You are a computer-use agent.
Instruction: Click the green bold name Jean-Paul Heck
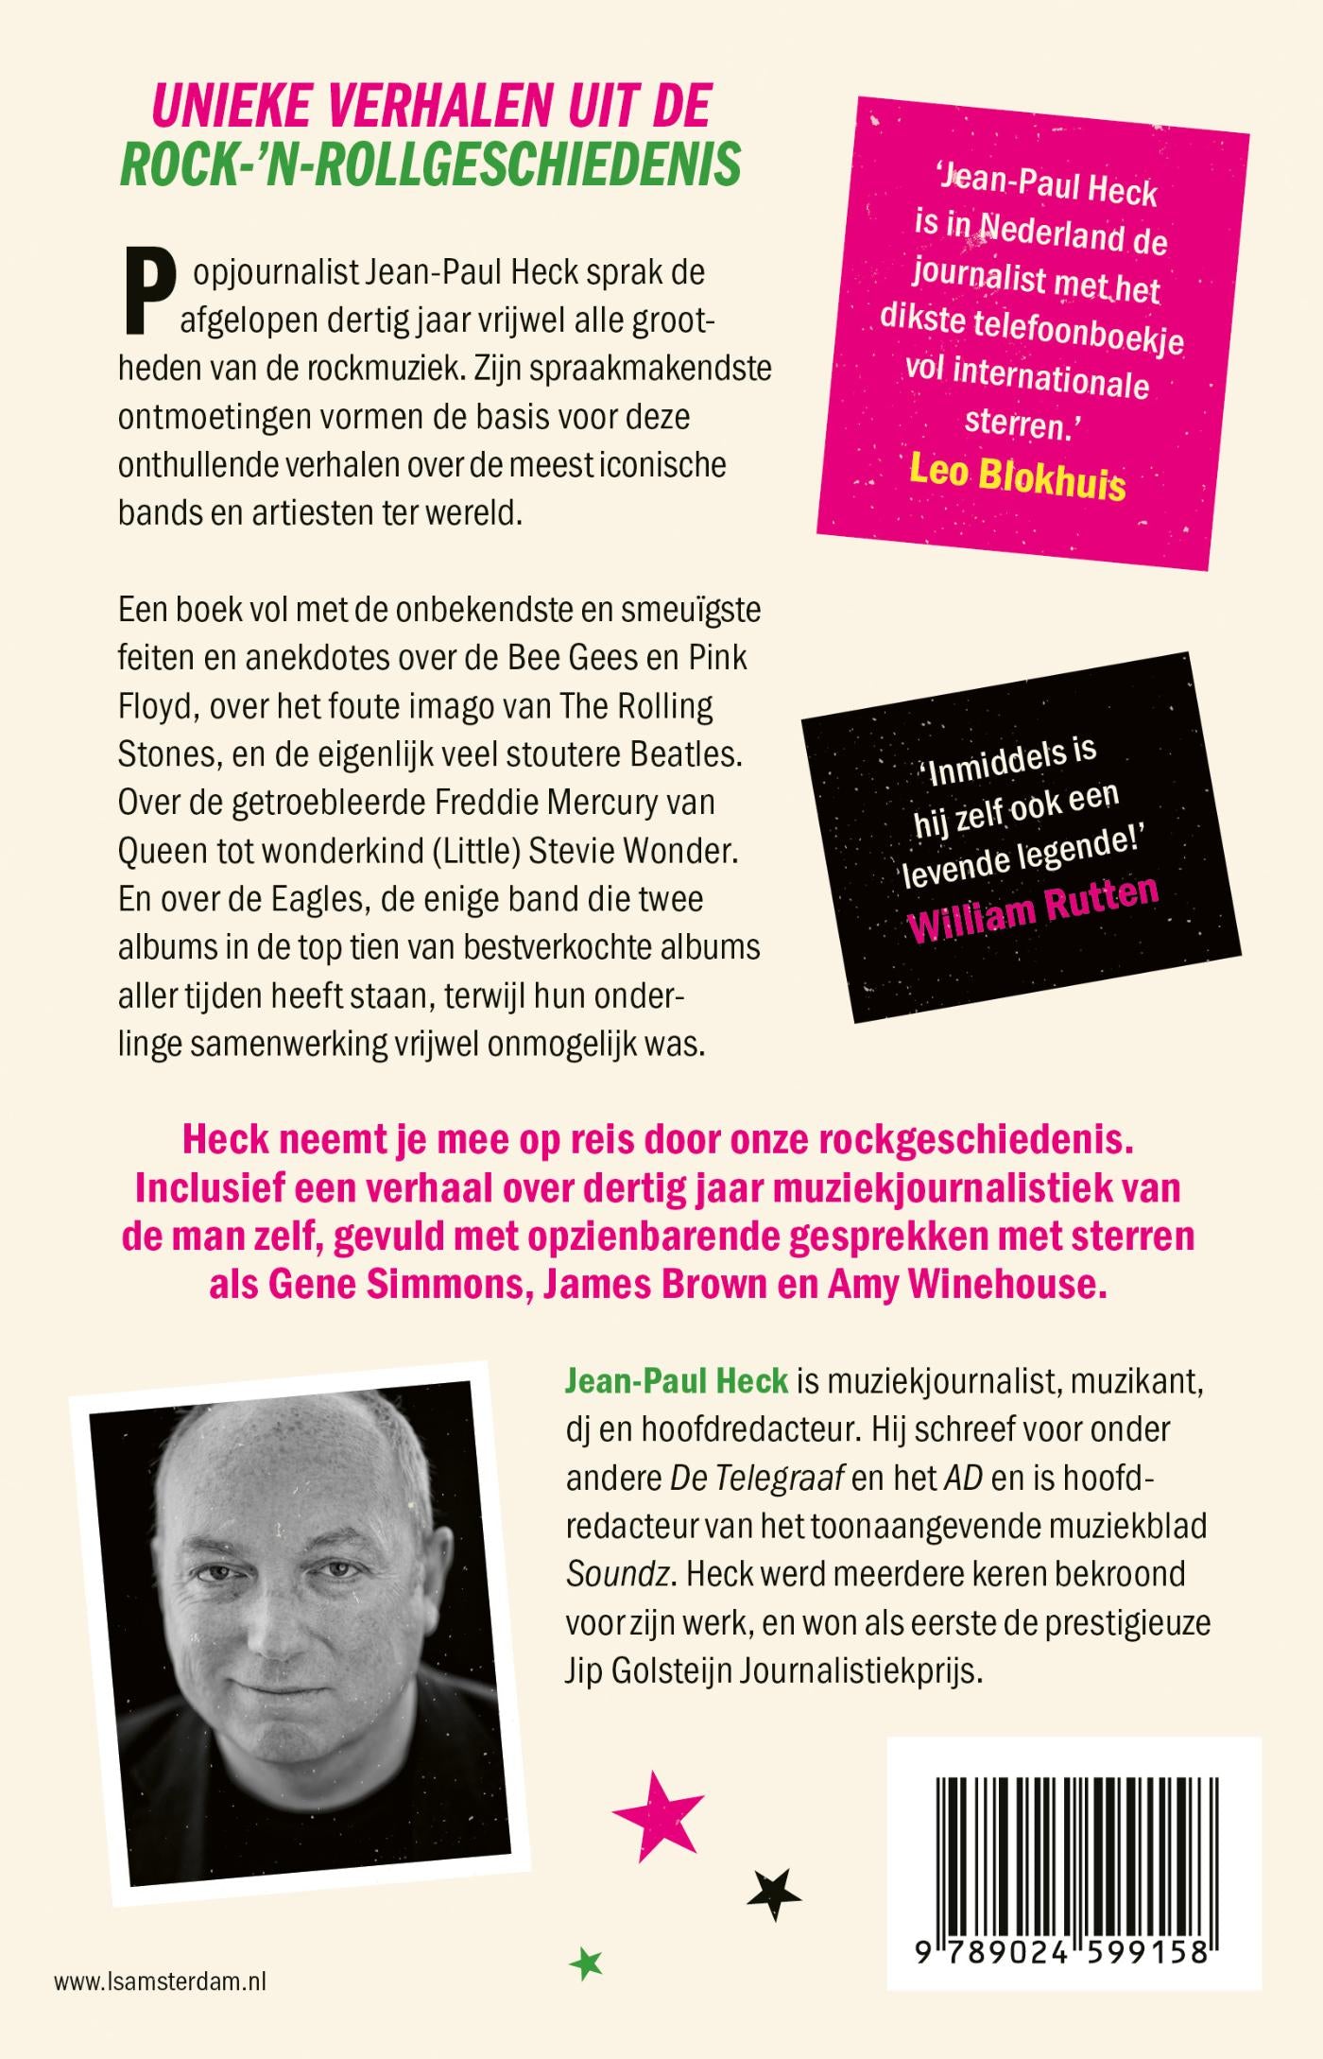[x=676, y=1380]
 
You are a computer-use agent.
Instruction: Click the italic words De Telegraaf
[x=756, y=1478]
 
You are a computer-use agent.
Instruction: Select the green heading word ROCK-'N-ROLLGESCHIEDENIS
[x=430, y=164]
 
